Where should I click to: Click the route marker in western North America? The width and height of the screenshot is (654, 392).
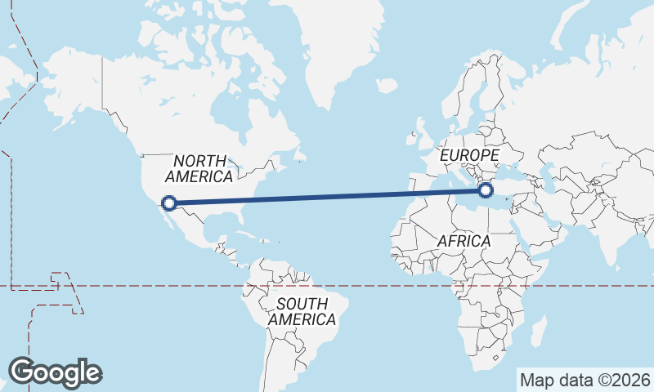(x=169, y=203)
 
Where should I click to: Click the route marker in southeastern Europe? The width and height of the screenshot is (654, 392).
(x=486, y=191)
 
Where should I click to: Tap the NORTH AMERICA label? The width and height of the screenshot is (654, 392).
(x=199, y=168)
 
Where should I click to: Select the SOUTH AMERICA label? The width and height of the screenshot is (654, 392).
(x=302, y=311)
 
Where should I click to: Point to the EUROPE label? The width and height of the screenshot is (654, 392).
(x=468, y=155)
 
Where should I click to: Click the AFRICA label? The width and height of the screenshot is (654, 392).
(x=464, y=241)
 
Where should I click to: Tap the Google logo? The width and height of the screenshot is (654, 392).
(x=54, y=372)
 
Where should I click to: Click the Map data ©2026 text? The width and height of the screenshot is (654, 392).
(x=585, y=380)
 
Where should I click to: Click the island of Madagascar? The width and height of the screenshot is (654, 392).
(x=538, y=331)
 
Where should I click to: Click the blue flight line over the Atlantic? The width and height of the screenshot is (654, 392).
(x=327, y=197)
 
